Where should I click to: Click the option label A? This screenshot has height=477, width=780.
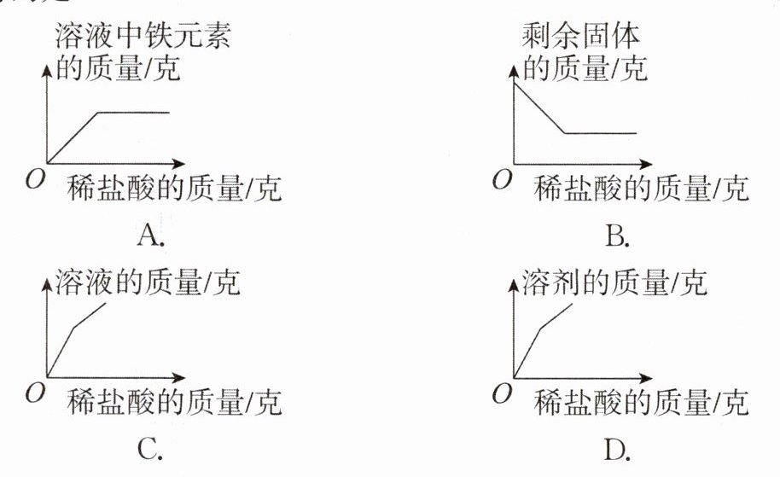coord(150,235)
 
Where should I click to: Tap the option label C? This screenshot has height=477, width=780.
coord(150,447)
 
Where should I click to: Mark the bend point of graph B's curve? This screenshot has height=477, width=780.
coord(565,133)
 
